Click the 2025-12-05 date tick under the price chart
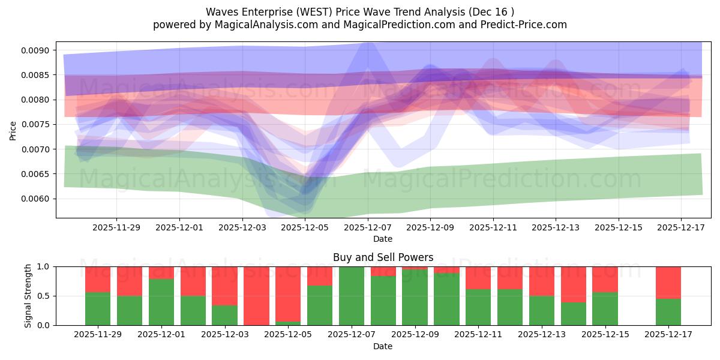coord(305,228)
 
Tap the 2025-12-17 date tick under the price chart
coord(681,228)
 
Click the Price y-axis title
coord(13,130)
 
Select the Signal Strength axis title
coord(28,296)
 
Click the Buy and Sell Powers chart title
coord(383,257)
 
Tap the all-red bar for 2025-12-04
coord(256,296)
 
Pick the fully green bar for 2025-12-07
coord(352,296)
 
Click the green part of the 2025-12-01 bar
coord(161,302)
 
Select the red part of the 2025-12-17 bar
coord(668,282)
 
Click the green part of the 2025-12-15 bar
coord(605,309)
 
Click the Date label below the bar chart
coord(383,346)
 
